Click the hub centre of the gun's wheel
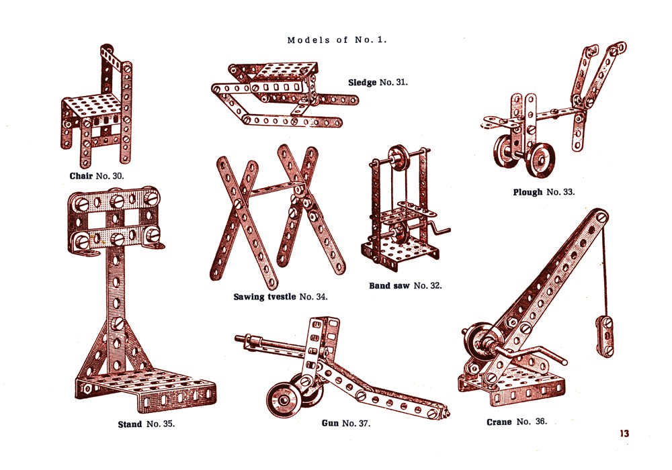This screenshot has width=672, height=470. point(284,399)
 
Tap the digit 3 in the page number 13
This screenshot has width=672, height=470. point(626,433)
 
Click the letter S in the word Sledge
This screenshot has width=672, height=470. point(351,82)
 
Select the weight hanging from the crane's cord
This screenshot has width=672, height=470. point(605,337)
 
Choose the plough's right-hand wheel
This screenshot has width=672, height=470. point(541,160)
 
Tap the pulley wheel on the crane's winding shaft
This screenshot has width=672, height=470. point(476,341)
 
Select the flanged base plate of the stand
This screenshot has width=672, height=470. point(146,389)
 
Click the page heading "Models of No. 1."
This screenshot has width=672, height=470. point(337,40)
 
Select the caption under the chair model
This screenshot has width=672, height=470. point(97,176)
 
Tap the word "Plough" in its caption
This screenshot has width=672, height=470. point(528,192)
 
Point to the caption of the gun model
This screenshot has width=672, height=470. point(346,424)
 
